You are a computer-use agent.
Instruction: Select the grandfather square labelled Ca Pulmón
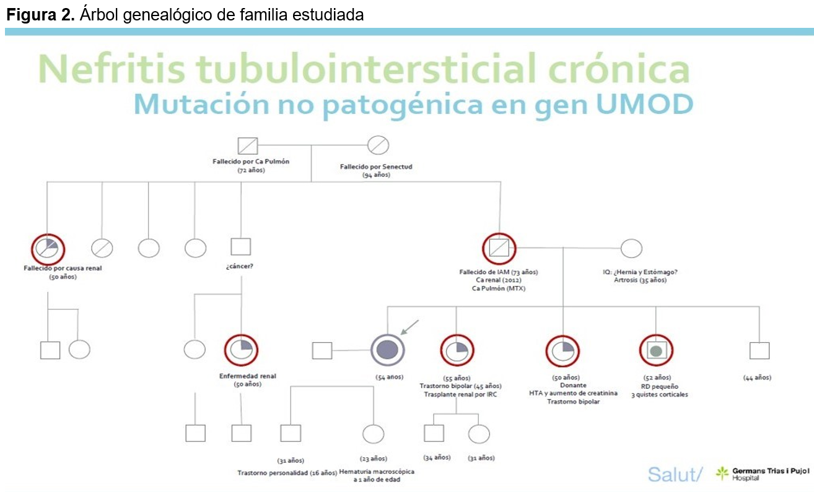click(x=248, y=146)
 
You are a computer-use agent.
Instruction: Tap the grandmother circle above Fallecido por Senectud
click(x=377, y=146)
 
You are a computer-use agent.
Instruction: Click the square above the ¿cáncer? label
click(x=240, y=248)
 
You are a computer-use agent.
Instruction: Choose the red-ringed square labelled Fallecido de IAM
click(x=499, y=249)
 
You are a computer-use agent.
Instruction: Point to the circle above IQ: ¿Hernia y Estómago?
click(x=631, y=248)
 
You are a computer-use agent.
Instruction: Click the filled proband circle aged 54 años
click(x=387, y=350)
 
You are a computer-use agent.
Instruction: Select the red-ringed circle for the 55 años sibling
click(x=457, y=350)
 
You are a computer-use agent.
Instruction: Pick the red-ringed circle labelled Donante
click(x=563, y=350)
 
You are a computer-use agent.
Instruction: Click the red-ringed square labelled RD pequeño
click(x=656, y=351)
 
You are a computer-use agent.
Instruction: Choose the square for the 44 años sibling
click(x=759, y=351)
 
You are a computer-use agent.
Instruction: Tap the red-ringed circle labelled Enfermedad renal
click(x=241, y=350)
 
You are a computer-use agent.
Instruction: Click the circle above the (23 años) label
click(x=373, y=434)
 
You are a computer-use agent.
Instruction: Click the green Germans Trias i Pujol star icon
click(x=722, y=474)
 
